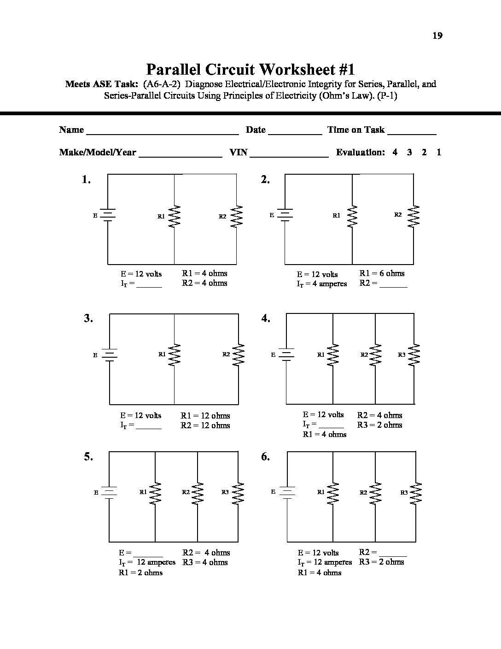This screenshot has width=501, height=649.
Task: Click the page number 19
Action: tap(437, 35)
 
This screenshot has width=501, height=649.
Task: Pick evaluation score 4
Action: tap(395, 152)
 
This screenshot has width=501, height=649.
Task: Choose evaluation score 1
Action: tap(439, 152)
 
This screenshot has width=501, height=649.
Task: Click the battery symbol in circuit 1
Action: tap(108, 215)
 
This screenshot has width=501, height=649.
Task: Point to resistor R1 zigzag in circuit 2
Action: tap(352, 216)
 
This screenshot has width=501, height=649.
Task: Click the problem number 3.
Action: tap(88, 318)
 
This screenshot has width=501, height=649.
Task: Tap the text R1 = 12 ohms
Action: tap(205, 415)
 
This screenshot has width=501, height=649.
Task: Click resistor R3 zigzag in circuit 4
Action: tap(414, 355)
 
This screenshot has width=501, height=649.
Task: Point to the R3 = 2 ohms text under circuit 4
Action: tap(379, 425)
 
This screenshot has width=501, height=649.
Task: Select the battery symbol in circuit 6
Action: tap(287, 492)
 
